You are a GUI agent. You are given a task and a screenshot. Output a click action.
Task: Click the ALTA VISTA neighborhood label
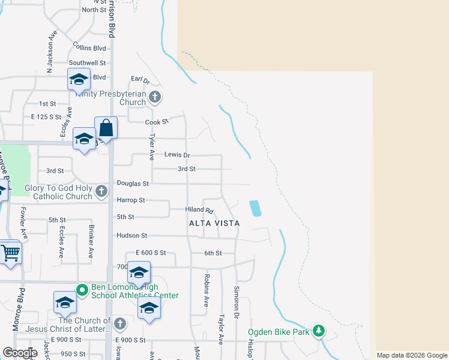coord(214,223)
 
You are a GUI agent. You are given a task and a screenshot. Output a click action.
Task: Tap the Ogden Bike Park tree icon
coord(319,331)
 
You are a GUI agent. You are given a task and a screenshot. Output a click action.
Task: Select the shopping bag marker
coord(106,128)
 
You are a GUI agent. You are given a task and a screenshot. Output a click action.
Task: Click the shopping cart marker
coord(10,252)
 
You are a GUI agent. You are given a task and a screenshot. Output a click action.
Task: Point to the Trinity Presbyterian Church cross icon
coord(155,97)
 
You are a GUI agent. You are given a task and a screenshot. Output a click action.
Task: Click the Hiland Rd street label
coord(200,210)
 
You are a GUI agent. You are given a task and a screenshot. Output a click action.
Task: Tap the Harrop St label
coord(131,200)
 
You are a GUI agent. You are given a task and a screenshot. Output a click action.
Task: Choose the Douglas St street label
coord(133,183)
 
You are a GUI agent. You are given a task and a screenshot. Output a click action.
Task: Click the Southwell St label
coord(87,62)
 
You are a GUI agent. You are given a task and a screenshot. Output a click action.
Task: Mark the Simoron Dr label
coord(237,302)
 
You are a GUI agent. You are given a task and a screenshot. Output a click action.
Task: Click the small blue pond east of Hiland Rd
coord(255,208)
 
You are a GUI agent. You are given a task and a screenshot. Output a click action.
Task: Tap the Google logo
coord(19,353)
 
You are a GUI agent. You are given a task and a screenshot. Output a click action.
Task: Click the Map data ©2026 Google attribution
coord(411,355)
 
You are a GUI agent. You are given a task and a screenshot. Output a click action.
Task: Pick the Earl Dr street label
coord(140,79)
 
